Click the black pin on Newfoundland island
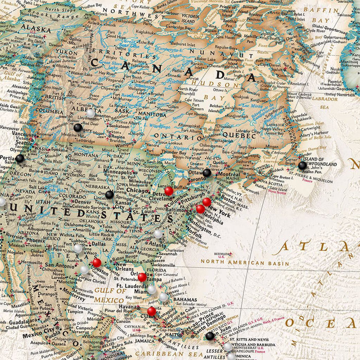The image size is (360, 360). [x=302, y=166]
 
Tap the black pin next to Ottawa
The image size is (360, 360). [x=207, y=173]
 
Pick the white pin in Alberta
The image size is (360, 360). [x=91, y=113]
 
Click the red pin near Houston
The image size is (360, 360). [x=97, y=263]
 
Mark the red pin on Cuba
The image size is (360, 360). [x=151, y=311]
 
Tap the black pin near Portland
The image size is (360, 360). [x=20, y=159]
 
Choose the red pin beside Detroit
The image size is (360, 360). [x=169, y=191]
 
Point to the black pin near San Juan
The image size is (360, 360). [x=209, y=336]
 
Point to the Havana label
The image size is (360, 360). [x=129, y=307]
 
